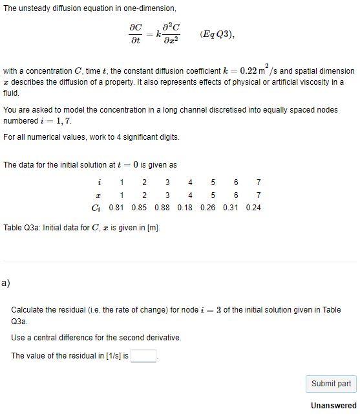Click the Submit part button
point(331,384)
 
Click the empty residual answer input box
point(143,356)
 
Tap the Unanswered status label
point(334,406)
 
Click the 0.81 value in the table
point(116,208)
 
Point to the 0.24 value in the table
point(253,208)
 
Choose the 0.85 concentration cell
point(138,208)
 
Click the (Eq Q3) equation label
point(217,34)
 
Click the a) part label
point(6,283)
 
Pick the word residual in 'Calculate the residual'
point(74,310)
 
